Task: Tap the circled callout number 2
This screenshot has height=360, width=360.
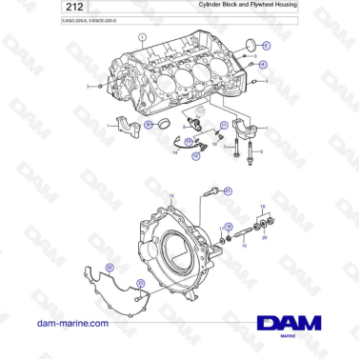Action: pyautogui.click(x=266, y=45)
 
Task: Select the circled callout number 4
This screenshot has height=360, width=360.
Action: pyautogui.click(x=263, y=65)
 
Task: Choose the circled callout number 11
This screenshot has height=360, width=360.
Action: pyautogui.click(x=225, y=125)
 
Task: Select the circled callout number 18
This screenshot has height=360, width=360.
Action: pyautogui.click(x=228, y=226)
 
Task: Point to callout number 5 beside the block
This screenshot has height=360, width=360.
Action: pyautogui.click(x=268, y=82)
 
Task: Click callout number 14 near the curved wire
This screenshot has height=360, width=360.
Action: pyautogui.click(x=176, y=152)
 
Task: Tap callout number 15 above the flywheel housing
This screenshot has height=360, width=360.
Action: pyautogui.click(x=170, y=195)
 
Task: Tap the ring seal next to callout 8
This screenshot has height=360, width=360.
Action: pyautogui.click(x=163, y=127)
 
